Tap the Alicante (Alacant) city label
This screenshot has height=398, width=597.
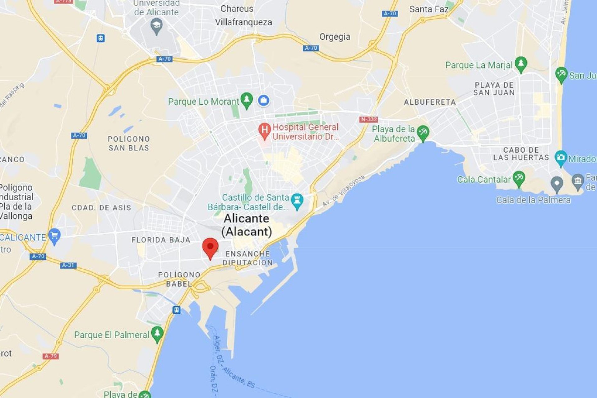click(247, 225)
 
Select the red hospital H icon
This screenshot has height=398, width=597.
click(264, 130)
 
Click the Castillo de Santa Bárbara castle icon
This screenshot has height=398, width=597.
click(297, 200)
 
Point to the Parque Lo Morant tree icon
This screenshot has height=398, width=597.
click(247, 100)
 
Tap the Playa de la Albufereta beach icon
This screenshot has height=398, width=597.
click(423, 132)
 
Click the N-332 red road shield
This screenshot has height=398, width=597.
click(368, 119)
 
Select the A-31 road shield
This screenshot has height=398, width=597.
click(68, 265)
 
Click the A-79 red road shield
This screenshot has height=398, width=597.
click(50, 356)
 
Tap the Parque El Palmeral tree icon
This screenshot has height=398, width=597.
click(157, 333)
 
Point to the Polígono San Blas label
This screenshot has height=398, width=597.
click(129, 143)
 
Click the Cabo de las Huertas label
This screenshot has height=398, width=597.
click(521, 154)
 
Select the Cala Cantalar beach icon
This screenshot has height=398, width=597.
click(519, 178)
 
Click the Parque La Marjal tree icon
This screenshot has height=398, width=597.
click(521, 63)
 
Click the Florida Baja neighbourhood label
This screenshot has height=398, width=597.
click(161, 240)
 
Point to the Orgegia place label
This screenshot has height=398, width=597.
click(335, 37)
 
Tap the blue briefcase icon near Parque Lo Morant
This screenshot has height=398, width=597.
click(263, 100)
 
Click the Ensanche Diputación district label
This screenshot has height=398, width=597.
click(248, 258)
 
